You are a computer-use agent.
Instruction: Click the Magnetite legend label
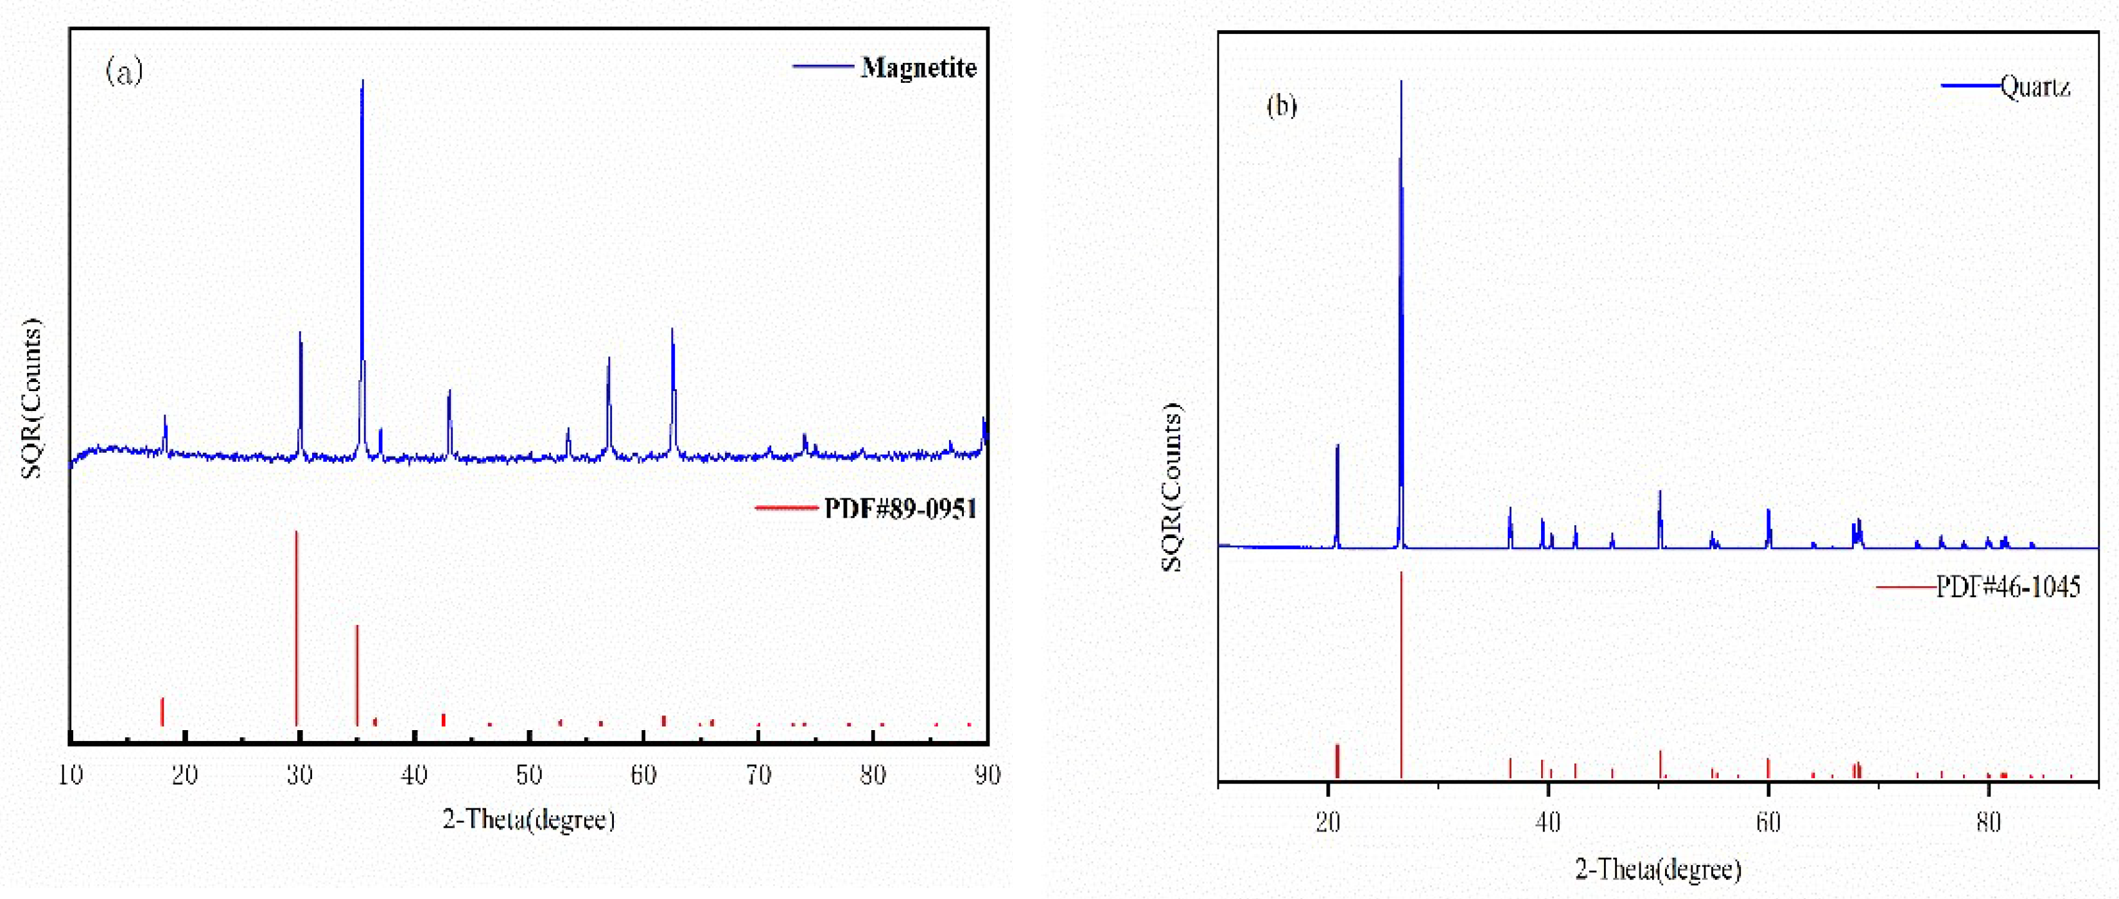[x=918, y=67]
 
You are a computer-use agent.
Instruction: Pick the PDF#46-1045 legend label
[x=2008, y=586]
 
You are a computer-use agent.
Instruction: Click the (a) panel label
[x=124, y=71]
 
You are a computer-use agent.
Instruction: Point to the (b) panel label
[x=1282, y=105]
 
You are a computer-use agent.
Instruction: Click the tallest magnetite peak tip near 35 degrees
[x=362, y=82]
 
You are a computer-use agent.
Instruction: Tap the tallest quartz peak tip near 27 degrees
[x=1401, y=82]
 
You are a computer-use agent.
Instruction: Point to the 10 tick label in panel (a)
[x=71, y=775]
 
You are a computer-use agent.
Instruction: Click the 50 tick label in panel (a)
[x=529, y=775]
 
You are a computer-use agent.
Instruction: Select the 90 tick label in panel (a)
[x=987, y=775]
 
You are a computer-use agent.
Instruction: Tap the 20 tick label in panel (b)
[x=1328, y=822]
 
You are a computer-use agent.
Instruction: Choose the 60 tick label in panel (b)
[x=1768, y=822]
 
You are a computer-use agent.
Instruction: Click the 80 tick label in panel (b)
[x=1988, y=822]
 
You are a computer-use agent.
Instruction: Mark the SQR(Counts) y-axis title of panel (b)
[x=1171, y=487]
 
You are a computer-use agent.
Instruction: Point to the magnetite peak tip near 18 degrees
[x=165, y=416]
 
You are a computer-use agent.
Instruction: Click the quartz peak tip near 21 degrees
[x=1338, y=446]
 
